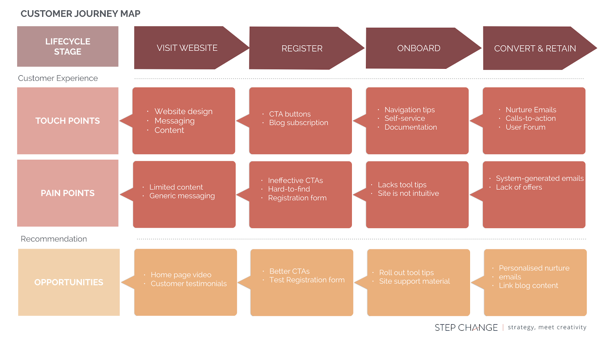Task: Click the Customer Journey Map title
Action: [x=80, y=14]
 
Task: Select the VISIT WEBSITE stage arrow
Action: [x=187, y=48]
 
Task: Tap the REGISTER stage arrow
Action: [x=302, y=48]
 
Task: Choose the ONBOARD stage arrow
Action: [x=418, y=48]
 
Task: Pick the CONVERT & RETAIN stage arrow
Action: [x=535, y=48]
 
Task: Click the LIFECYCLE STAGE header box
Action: [x=68, y=46]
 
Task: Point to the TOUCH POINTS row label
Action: [x=68, y=121]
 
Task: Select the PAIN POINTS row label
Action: [x=68, y=193]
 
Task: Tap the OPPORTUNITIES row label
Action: [x=69, y=282]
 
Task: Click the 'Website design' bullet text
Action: [x=183, y=111]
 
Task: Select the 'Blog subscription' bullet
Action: [x=298, y=123]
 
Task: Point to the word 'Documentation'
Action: [x=410, y=127]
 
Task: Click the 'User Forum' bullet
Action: [x=525, y=127]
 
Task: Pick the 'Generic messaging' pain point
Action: [x=182, y=196]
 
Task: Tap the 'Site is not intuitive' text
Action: [x=408, y=193]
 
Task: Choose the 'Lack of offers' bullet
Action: [x=519, y=187]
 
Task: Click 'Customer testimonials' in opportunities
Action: [x=188, y=284]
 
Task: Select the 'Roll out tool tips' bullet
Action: [x=406, y=273]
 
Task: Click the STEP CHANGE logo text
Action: [x=466, y=328]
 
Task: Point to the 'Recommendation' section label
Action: [x=54, y=239]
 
